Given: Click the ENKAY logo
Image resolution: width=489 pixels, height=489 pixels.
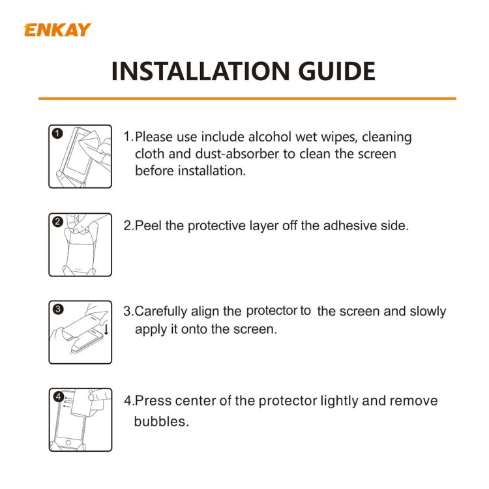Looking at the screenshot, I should tap(57, 29).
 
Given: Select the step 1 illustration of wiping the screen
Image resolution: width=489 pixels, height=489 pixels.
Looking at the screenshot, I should tap(80, 156).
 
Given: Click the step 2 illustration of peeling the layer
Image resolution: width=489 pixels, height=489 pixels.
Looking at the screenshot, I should tap(80, 244).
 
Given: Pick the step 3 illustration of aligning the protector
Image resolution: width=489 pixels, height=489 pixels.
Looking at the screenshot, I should tap(80, 332).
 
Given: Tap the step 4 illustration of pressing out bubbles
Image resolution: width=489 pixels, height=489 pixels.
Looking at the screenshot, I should tap(80, 419).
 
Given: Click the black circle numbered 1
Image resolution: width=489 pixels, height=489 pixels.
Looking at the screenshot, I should tap(57, 133).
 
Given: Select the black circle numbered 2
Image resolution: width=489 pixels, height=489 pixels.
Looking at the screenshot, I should tap(57, 222).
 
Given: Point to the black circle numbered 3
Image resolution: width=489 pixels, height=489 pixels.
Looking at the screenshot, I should tap(57, 310).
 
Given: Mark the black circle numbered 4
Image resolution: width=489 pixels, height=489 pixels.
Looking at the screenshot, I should tap(58, 396).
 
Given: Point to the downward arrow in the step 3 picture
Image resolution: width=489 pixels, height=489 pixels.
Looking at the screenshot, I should tap(106, 329).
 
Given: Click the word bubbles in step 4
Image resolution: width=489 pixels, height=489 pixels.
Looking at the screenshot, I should tap(161, 421).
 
